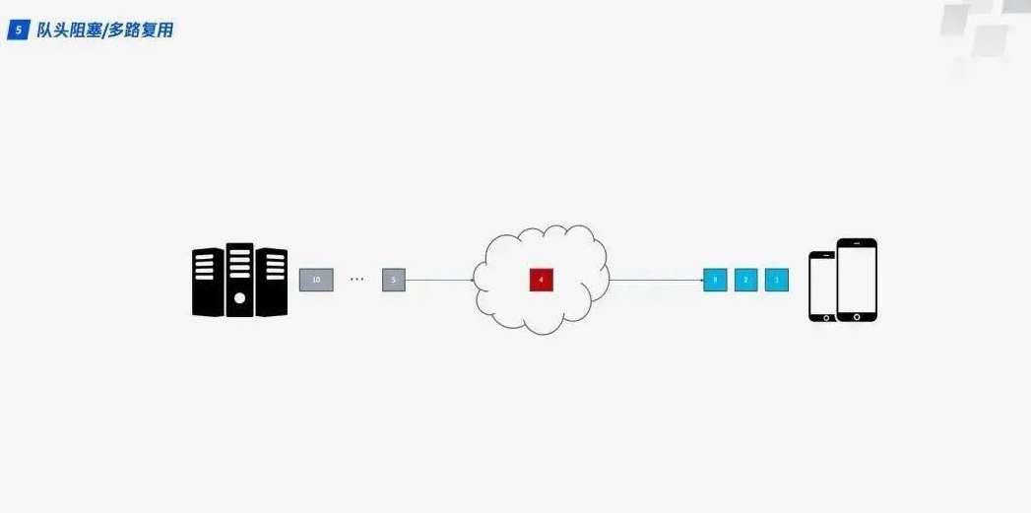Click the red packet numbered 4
click(541, 280)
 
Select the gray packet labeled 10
click(316, 280)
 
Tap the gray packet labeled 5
click(394, 280)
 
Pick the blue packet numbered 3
click(715, 280)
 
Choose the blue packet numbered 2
click(745, 280)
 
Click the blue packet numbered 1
click(777, 280)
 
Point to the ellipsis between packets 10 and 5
click(356, 280)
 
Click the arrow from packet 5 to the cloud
click(439, 280)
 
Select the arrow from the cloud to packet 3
click(655, 280)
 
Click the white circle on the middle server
click(239, 297)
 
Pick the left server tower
click(208, 282)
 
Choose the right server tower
click(271, 282)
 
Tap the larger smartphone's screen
click(857, 278)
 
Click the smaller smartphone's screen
click(822, 286)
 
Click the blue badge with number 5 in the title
click(17, 31)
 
